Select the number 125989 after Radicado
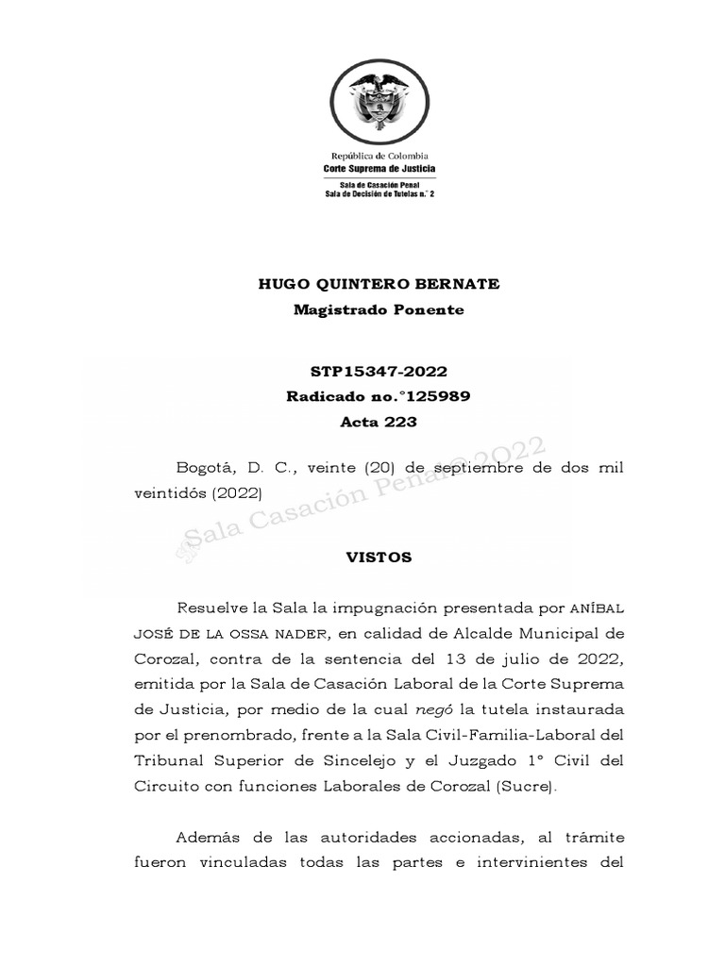[x=433, y=397]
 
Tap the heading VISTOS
[x=379, y=558]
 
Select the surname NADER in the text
[x=307, y=633]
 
